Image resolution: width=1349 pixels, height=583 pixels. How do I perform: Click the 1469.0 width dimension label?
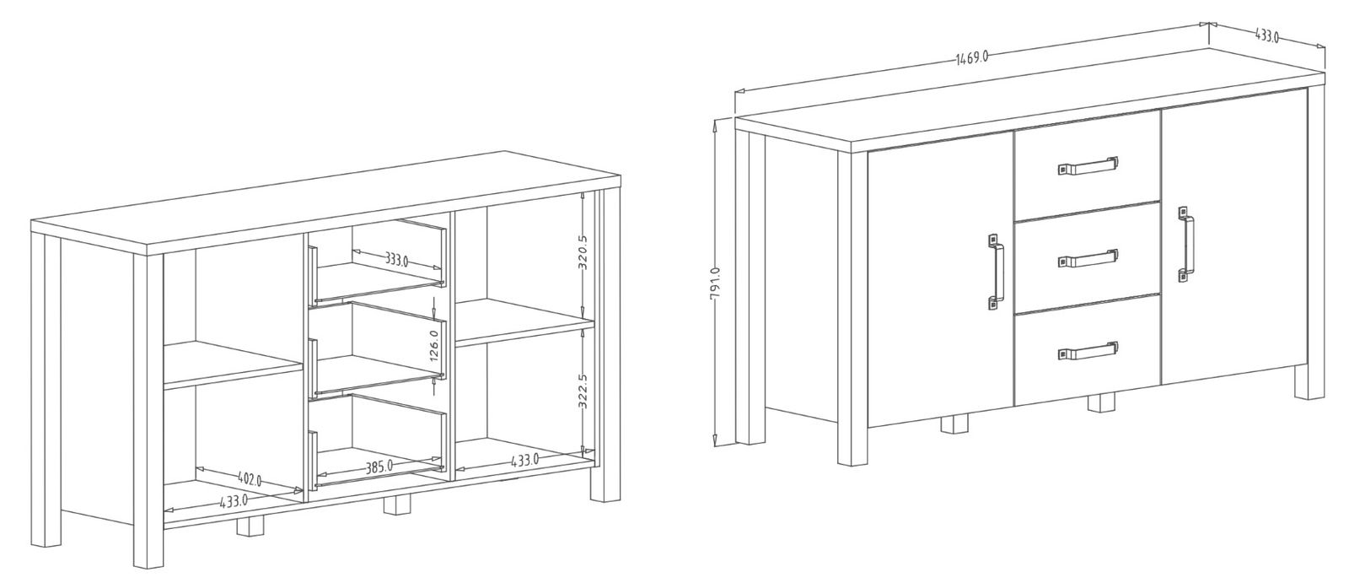(x=972, y=58)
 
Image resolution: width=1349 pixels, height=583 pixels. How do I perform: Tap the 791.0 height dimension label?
(x=716, y=283)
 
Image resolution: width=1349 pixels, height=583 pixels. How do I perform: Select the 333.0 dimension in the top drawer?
(x=397, y=261)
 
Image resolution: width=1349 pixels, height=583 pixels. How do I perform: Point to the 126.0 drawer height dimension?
(x=435, y=345)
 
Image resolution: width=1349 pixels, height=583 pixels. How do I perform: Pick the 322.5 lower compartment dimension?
(x=583, y=391)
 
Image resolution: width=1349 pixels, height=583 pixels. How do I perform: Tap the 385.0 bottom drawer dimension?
(x=379, y=466)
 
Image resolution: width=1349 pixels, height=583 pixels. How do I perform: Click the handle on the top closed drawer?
(x=1088, y=165)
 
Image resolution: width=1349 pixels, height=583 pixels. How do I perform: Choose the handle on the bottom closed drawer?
(x=1088, y=351)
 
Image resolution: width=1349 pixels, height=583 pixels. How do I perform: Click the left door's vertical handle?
(x=996, y=272)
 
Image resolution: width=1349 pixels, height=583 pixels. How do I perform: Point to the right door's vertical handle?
(x=1185, y=244)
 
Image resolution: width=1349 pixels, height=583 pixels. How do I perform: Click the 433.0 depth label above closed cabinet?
(x=1266, y=35)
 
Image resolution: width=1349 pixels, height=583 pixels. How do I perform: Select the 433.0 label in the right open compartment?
(x=524, y=461)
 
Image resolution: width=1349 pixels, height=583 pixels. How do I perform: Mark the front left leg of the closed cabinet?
(x=852, y=309)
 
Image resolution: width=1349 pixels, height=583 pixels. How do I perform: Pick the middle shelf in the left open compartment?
(x=233, y=364)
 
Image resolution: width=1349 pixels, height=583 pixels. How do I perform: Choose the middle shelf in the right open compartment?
(x=524, y=323)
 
